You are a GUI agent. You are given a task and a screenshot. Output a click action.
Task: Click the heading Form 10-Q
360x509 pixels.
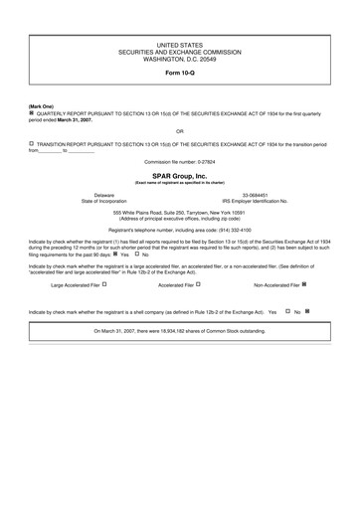[179, 75]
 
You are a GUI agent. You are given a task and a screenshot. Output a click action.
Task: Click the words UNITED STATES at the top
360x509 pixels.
[179, 46]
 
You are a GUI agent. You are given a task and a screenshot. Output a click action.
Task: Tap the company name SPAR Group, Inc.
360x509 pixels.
[179, 175]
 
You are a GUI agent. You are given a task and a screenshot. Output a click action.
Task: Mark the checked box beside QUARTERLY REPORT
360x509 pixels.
[31, 114]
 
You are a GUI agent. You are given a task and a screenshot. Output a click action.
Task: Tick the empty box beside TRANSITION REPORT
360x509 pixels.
[31, 144]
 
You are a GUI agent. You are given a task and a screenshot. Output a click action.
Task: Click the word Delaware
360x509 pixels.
[104, 195]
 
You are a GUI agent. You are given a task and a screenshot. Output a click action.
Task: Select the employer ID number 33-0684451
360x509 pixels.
[256, 195]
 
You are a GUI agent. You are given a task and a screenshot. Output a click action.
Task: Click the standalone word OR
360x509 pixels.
[179, 130]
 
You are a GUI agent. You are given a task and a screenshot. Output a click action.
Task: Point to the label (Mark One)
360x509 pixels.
[41, 106]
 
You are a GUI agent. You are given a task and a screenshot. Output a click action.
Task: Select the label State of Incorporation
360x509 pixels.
[104, 201]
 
